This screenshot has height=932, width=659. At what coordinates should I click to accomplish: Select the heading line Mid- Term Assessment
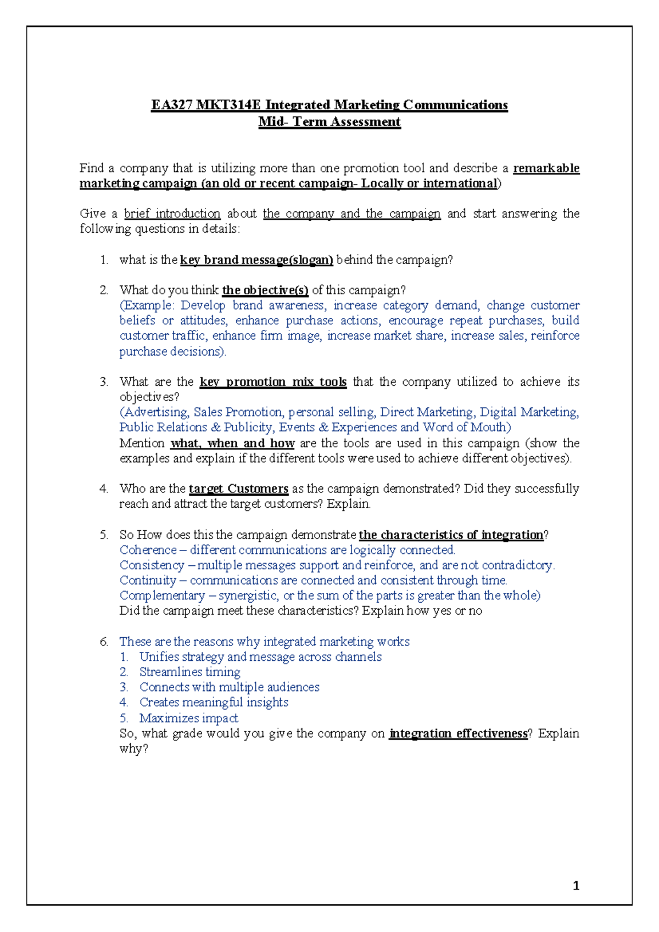(329, 122)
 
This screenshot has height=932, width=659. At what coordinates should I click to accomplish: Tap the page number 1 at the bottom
(576, 885)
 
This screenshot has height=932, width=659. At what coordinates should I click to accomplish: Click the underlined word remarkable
(546, 168)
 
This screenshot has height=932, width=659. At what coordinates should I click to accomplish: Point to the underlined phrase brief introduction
(172, 214)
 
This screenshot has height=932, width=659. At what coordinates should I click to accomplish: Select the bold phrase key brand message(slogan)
(256, 260)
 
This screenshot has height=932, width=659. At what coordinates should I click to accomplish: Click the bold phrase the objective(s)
(265, 290)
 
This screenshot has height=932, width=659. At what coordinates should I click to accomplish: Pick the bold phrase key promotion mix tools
(273, 381)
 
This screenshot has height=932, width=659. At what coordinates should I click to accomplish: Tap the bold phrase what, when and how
(232, 443)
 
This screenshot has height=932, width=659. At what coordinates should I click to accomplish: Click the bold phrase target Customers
(238, 489)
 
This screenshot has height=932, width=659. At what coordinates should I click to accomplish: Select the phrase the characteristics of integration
(451, 535)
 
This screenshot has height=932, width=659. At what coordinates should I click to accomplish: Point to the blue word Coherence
(148, 549)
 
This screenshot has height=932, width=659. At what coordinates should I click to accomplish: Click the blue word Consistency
(152, 565)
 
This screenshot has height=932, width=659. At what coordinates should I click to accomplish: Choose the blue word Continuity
(147, 580)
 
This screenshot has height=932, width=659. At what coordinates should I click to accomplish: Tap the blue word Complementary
(162, 595)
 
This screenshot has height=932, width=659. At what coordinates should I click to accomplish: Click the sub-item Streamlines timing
(189, 672)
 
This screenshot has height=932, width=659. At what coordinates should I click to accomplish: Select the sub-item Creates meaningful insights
(214, 702)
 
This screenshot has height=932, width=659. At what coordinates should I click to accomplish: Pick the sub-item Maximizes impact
(188, 718)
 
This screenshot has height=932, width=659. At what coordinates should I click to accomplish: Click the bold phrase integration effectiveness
(458, 733)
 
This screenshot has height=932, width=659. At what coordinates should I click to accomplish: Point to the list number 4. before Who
(104, 489)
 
